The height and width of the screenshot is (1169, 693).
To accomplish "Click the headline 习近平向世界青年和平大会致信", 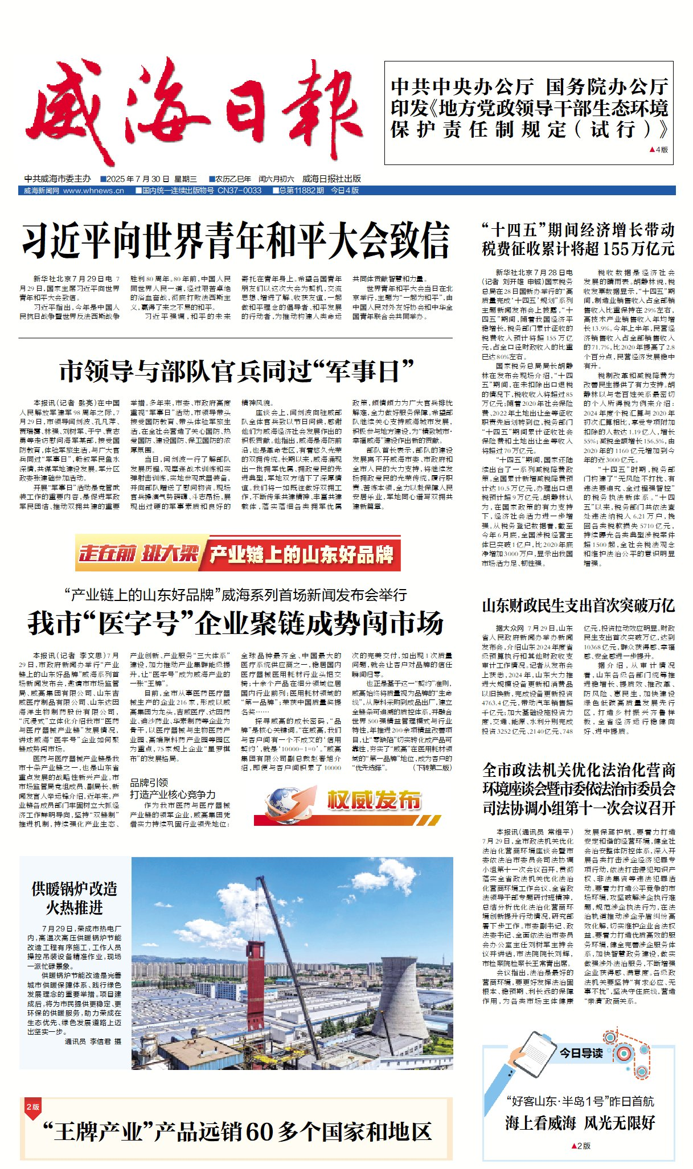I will click(236, 241).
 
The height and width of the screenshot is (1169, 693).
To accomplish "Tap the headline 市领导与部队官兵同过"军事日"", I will click(236, 372).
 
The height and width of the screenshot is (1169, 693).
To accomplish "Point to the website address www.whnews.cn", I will click(93, 191).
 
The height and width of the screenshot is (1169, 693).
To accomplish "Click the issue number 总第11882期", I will click(301, 191).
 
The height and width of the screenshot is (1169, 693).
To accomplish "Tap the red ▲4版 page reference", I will click(658, 150).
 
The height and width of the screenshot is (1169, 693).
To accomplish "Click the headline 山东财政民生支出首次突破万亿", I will click(578, 606).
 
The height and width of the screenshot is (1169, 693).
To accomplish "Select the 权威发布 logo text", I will click(374, 800).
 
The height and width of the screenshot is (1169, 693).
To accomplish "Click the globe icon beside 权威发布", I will click(285, 802).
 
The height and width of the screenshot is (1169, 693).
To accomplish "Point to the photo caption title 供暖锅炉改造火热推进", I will click(74, 898).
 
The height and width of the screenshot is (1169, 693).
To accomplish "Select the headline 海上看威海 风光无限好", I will click(580, 1123).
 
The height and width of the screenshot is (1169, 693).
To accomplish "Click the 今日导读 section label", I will click(580, 1053).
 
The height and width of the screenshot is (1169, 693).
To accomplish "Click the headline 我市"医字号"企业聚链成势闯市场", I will click(236, 623).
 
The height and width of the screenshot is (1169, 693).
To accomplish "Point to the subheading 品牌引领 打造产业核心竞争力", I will click(173, 789).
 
